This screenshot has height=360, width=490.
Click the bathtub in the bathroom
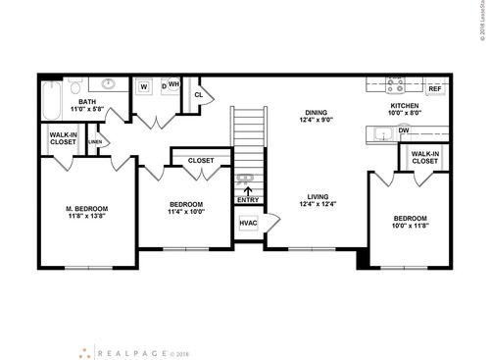[x=52, y=97]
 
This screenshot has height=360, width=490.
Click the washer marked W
[x=143, y=86]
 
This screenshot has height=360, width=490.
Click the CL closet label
[x=199, y=95]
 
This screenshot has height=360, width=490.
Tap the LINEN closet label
[x=95, y=142]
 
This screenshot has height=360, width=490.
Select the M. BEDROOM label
[x=86, y=209]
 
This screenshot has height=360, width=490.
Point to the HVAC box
[x=248, y=224]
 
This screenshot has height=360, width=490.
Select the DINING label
[x=315, y=113]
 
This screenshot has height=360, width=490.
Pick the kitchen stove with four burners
[x=395, y=84]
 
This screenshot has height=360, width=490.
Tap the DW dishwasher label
[x=404, y=129]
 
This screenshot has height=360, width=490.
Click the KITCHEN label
[x=405, y=105]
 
